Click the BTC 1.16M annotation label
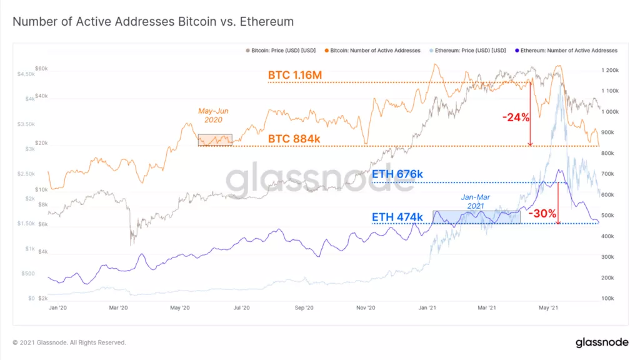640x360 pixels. (294, 76)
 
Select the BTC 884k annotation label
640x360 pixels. (296, 138)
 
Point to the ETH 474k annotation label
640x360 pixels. (397, 217)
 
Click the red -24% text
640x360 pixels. (516, 116)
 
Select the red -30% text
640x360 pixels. (542, 213)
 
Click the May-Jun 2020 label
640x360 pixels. (212, 114)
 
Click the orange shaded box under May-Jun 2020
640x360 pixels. (215, 140)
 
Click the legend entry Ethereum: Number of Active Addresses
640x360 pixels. (568, 50)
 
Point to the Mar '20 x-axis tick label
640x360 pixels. (118, 307)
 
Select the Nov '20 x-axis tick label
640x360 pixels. (366, 307)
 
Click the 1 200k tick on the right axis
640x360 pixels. (610, 71)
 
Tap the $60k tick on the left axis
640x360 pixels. (41, 67)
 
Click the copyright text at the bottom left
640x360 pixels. (69, 342)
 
